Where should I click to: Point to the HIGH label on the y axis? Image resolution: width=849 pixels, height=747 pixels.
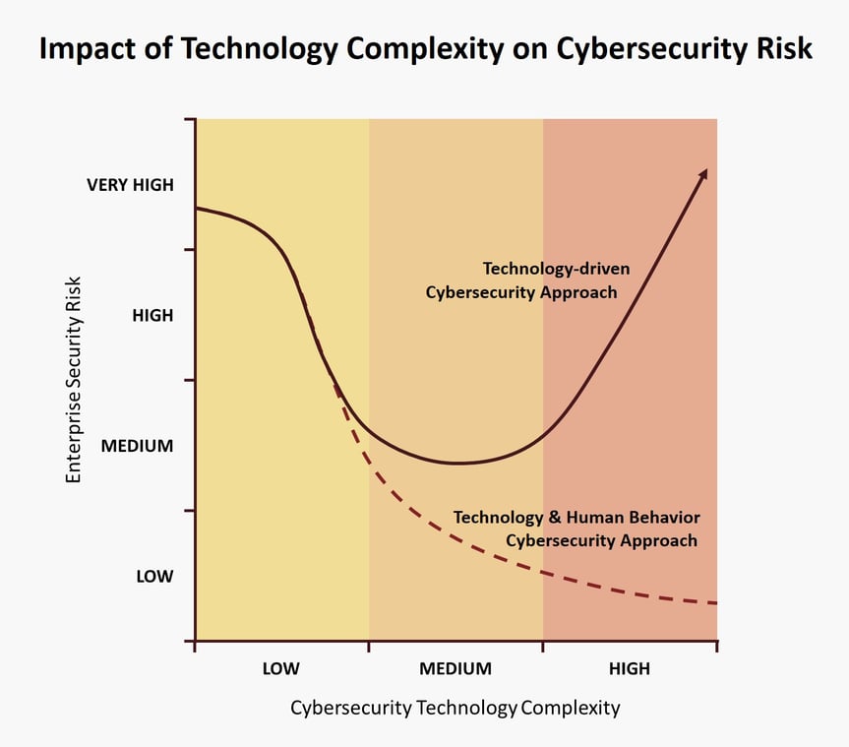[x=152, y=316]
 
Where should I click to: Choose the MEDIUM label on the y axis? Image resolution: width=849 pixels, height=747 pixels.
[x=137, y=446]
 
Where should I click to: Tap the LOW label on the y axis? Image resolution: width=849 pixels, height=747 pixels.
[x=154, y=577]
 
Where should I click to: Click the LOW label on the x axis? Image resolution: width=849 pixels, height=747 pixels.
[x=280, y=669]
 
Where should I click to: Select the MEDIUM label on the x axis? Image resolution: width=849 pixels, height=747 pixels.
[x=455, y=669]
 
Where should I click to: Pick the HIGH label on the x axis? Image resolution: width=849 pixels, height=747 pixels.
[x=629, y=669]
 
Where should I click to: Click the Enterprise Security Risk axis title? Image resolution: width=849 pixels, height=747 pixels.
[x=74, y=380]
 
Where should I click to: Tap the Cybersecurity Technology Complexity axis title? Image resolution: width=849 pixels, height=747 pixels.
[x=455, y=708]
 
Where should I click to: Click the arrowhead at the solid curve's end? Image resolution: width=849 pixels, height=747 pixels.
[x=702, y=173]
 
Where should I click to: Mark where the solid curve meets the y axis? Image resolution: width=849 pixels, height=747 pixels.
[x=196, y=208]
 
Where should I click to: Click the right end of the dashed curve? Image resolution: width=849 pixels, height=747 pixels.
[x=714, y=602]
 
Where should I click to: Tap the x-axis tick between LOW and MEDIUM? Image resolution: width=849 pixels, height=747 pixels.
[x=369, y=646]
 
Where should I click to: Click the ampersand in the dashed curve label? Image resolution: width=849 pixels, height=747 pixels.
[x=556, y=517]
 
